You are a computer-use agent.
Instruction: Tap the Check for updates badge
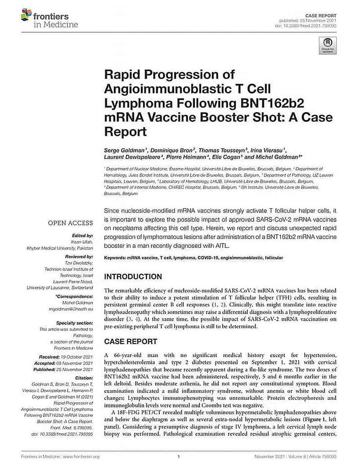tap(328, 45)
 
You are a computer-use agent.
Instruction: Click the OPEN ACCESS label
tap(70, 223)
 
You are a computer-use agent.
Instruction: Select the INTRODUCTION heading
tap(133, 277)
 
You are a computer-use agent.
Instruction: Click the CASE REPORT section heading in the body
tap(131, 342)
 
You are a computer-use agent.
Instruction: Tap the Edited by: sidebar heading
tap(82, 236)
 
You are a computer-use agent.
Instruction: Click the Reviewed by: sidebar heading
tap(79, 257)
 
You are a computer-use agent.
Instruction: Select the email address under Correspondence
tap(71, 309)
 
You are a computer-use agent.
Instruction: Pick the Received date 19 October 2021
tap(79, 357)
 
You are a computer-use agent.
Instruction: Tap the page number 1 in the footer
tap(179, 457)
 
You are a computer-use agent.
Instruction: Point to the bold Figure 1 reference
tap(314, 419)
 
